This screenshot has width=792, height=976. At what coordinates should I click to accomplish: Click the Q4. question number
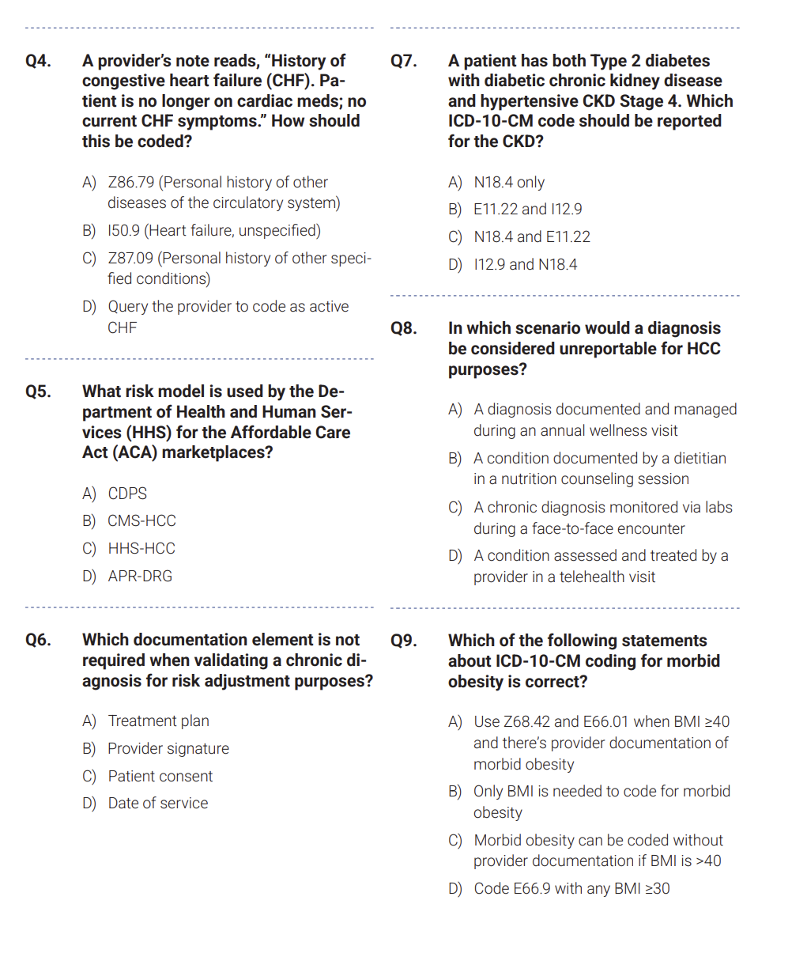tap(38, 61)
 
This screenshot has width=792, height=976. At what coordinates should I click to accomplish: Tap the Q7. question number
tap(403, 61)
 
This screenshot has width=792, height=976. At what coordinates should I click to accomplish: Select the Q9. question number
tap(403, 641)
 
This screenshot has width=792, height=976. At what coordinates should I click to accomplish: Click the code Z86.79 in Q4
tap(131, 183)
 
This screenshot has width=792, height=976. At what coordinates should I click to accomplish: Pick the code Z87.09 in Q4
tap(130, 259)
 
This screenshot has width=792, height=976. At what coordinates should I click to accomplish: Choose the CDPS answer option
tap(127, 494)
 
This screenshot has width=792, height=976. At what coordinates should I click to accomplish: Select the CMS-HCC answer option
tap(141, 521)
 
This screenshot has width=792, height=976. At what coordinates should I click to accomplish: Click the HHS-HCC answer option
tap(141, 549)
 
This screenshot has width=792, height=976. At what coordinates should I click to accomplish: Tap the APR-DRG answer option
tap(140, 577)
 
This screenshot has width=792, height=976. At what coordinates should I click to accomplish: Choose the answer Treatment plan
tap(158, 721)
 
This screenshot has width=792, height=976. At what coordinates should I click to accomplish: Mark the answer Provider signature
tap(168, 749)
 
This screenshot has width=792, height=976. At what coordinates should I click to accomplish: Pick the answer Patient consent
tap(160, 777)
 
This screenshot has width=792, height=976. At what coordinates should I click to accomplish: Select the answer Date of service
tap(158, 804)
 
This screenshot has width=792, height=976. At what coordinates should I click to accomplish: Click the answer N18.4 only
tap(509, 183)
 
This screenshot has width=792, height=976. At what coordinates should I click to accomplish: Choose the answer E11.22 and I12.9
tap(527, 210)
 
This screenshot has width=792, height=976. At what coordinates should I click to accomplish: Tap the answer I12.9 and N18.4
tap(525, 265)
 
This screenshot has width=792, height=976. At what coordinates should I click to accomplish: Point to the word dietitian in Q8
tap(695, 459)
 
